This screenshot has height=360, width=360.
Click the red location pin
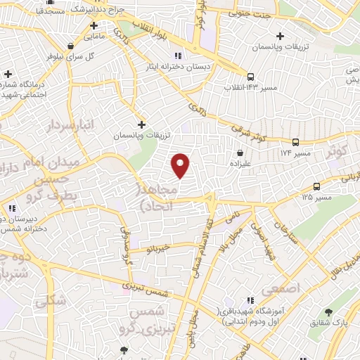(x=181, y=166)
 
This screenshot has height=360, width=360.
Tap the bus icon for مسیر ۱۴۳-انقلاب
(x=250, y=77)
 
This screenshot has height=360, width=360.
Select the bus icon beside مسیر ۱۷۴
(x=295, y=141)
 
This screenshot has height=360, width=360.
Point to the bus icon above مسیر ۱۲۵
(x=317, y=187)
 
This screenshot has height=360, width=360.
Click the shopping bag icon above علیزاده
(x=241, y=153)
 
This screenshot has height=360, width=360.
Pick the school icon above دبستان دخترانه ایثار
(x=178, y=56)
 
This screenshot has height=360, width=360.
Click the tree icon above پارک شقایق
(x=329, y=312)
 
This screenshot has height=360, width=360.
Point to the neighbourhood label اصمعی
(x=281, y=288)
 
